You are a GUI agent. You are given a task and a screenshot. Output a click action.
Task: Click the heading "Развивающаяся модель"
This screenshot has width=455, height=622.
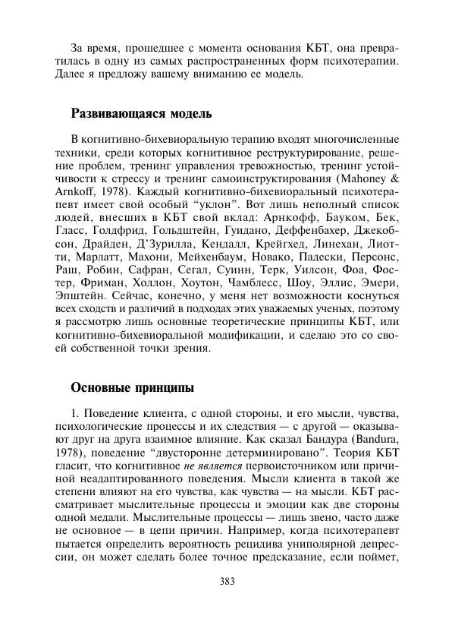pos(141,114)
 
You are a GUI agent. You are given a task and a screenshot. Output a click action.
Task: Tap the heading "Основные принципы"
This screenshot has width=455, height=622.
pos(133,387)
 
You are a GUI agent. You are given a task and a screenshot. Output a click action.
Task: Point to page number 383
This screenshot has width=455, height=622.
pos(226,582)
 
